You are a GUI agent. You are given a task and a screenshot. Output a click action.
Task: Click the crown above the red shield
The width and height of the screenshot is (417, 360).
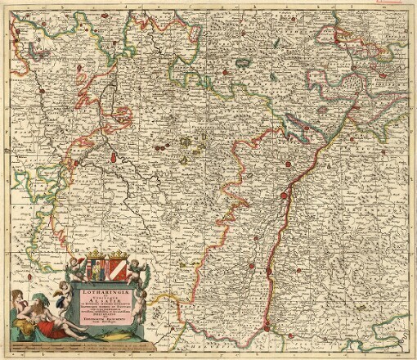[119, 254]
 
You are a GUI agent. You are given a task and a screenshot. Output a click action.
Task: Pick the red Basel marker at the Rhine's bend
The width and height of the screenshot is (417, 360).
[267, 329]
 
